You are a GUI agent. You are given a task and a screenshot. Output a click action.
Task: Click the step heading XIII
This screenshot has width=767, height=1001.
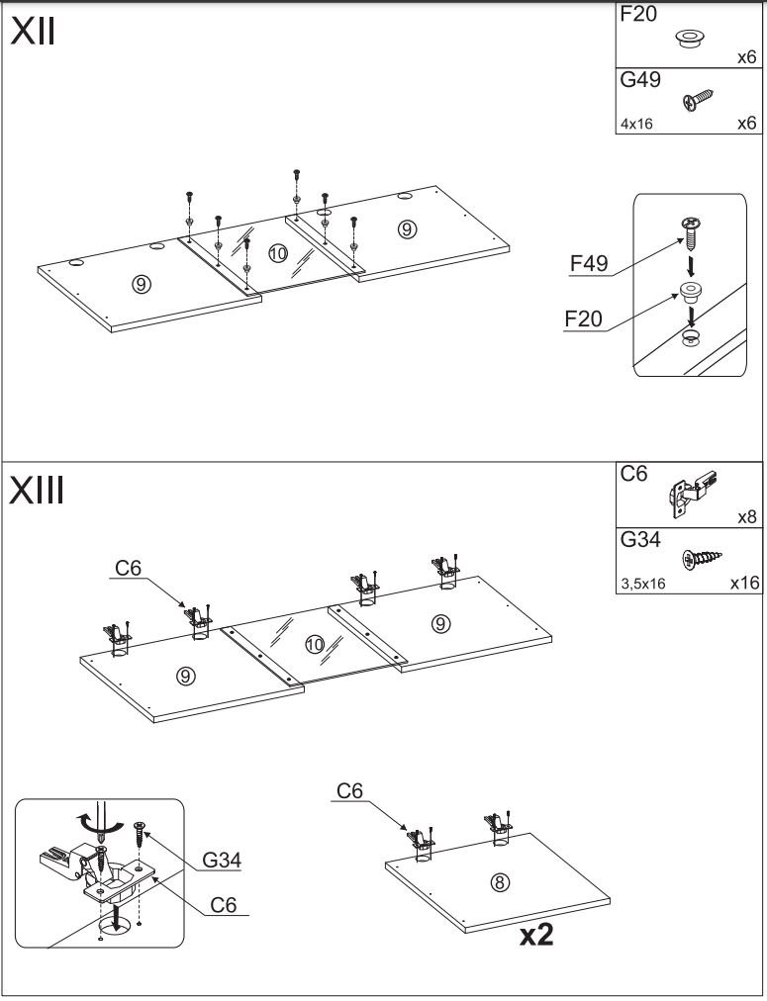(38, 490)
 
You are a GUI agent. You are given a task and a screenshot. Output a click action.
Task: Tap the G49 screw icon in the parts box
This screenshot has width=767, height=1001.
(699, 100)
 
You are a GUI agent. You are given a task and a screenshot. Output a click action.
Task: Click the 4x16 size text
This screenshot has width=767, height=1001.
(636, 125)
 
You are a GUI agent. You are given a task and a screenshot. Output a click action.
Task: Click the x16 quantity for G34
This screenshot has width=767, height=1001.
(744, 583)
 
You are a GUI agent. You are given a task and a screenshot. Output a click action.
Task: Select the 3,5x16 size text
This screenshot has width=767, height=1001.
(642, 584)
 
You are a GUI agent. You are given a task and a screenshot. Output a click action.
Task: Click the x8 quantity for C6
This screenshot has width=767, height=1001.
(747, 517)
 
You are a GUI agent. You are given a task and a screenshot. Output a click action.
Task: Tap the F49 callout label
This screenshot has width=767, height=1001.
(589, 264)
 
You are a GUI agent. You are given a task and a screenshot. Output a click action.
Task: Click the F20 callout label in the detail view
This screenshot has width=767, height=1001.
(583, 319)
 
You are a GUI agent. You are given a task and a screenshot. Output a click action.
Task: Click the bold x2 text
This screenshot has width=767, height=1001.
(535, 935)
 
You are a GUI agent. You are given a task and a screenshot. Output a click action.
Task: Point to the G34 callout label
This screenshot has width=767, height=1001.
(222, 861)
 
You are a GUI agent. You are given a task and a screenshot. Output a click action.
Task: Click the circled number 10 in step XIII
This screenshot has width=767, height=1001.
(315, 645)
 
